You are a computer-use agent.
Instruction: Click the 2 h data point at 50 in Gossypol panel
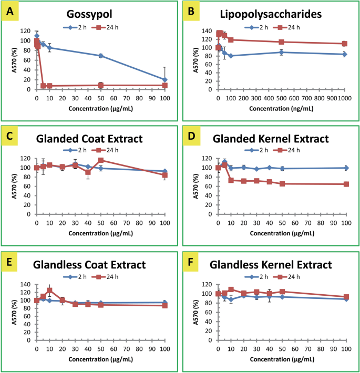[x=100, y=56]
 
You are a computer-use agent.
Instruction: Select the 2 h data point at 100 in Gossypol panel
[x=165, y=80]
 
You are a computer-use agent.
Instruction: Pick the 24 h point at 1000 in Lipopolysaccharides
[x=345, y=44]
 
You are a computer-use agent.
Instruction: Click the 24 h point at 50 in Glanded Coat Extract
[x=100, y=160]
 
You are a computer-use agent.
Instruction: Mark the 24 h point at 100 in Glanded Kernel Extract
[x=346, y=184]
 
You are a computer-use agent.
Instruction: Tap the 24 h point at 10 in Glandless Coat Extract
[x=49, y=291]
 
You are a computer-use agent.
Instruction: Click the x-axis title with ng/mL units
[x=282, y=109]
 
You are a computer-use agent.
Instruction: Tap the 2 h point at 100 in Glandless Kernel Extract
[x=346, y=299]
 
